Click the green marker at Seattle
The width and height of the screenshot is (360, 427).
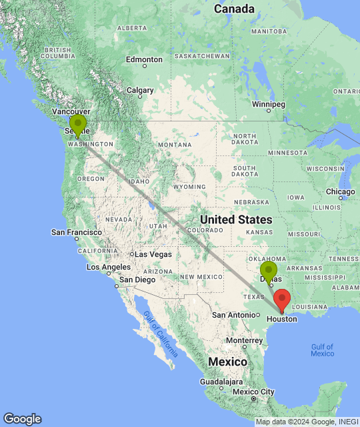(78, 125)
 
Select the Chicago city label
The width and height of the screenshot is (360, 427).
(340, 192)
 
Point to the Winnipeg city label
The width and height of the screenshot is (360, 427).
(269, 105)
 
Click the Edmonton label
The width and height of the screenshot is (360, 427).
(144, 59)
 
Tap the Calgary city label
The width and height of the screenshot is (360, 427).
(140, 90)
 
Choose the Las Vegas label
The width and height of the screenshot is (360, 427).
(153, 254)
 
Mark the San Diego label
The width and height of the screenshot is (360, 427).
(137, 280)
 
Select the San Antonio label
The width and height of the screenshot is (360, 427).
(233, 314)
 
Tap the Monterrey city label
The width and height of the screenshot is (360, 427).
(243, 340)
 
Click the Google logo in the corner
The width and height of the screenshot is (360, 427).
(22, 419)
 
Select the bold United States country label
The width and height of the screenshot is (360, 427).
(237, 220)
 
